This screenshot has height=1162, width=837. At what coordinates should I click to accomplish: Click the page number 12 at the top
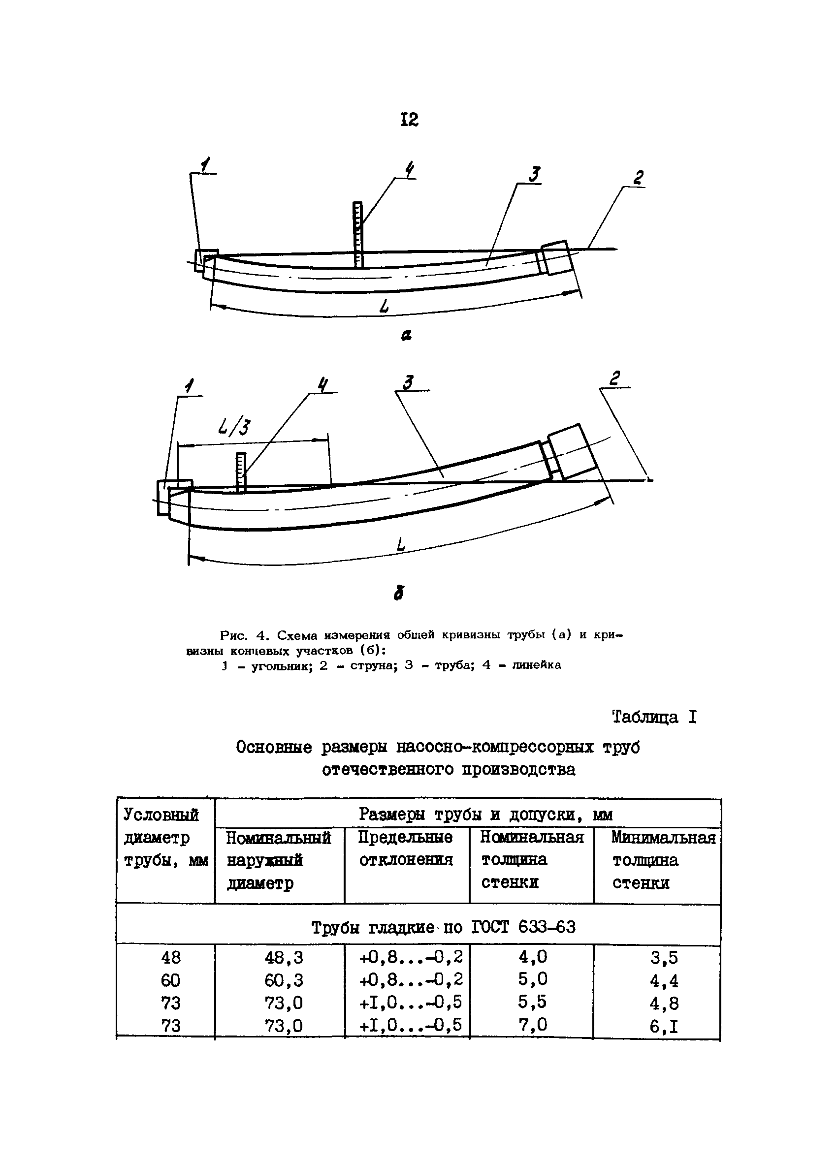409,120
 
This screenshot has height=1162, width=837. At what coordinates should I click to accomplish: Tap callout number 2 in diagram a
638,178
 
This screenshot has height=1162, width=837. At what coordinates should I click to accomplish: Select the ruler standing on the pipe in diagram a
357,234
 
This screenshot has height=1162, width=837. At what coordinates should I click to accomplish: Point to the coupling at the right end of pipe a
555,257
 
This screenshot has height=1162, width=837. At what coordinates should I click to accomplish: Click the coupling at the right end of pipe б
571,451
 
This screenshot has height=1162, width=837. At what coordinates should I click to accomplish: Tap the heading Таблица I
654,717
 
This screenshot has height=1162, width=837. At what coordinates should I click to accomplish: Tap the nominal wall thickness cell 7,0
532,1024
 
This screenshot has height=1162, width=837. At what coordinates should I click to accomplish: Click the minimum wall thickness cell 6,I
664,1025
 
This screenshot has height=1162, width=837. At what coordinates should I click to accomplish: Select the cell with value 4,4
664,980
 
